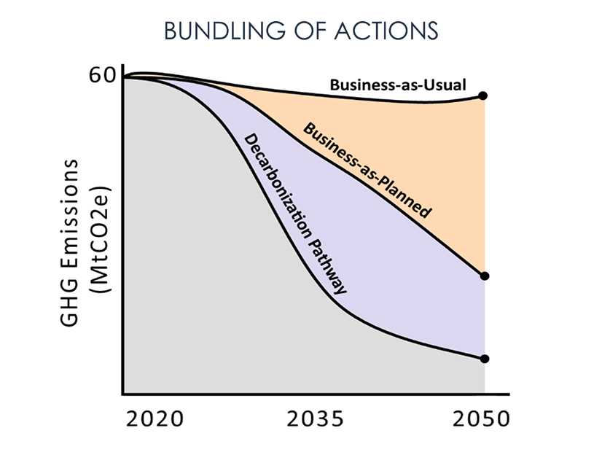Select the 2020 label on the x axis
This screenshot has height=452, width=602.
coord(155,420)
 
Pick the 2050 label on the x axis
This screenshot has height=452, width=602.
coord(477,420)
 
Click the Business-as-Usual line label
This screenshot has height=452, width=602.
coord(398,85)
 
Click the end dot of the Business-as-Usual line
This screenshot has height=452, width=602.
coord(484,96)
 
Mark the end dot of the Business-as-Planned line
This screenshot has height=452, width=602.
coord(484,276)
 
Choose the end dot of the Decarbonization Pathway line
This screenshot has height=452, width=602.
coord(484,359)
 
